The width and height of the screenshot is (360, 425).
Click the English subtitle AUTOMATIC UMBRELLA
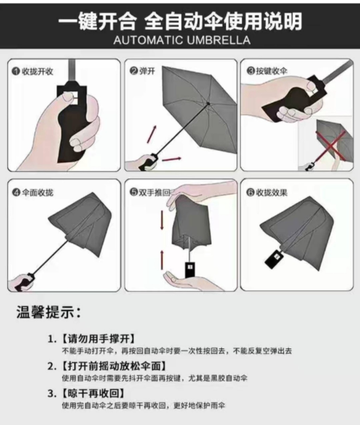pyautogui.click(x=182, y=40)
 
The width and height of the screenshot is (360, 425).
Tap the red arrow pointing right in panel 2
pyautogui.click(x=172, y=159)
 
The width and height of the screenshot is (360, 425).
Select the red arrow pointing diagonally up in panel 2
pyautogui.click(x=152, y=134)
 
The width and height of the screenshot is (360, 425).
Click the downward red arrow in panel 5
pyautogui.click(x=162, y=220)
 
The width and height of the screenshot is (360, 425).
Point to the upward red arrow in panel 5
pyautogui.click(x=162, y=260)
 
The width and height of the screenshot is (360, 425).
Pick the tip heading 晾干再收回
pyautogui.click(x=93, y=393)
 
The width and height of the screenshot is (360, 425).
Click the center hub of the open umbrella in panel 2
pyautogui.click(x=208, y=103)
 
